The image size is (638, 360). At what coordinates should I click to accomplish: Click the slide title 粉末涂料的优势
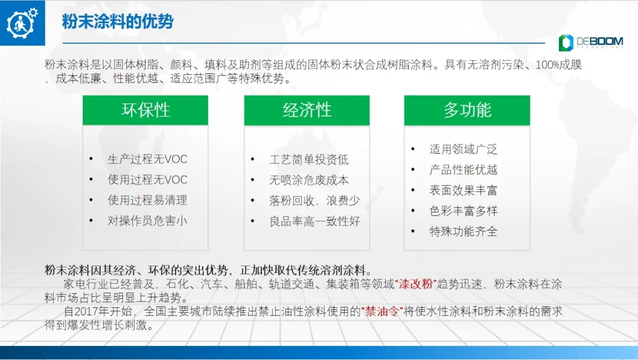coord(118,21)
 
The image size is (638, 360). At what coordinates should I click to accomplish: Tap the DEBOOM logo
coord(591,43)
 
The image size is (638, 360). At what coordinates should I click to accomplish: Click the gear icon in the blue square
coord(22,23)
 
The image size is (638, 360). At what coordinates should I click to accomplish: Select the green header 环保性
coord(145,111)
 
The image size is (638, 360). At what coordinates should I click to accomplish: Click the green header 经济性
coord(307,111)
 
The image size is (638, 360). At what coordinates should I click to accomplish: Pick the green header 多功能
coord(467,111)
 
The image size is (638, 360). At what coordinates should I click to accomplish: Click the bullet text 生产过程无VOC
coord(147,159)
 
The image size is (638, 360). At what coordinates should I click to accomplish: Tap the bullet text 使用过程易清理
coord(147,200)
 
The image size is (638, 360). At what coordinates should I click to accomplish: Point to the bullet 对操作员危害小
coord(147,220)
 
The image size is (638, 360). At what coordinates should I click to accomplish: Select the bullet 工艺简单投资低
coord(309,160)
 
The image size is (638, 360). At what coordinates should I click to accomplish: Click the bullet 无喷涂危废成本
coord(309,180)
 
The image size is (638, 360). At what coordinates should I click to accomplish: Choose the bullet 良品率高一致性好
coord(314,221)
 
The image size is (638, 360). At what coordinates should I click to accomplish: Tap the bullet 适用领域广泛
coord(464,150)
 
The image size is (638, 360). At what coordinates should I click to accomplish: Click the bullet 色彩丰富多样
coord(464,211)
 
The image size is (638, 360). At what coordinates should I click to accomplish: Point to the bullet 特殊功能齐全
coord(464,232)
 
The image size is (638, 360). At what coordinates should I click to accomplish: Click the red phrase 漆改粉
coord(415,284)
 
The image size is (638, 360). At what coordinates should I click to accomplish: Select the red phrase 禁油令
coord(382,312)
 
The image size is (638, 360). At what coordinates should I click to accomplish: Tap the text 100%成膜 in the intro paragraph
coord(559,65)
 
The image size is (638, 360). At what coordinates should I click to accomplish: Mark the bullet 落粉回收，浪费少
coord(314,200)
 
